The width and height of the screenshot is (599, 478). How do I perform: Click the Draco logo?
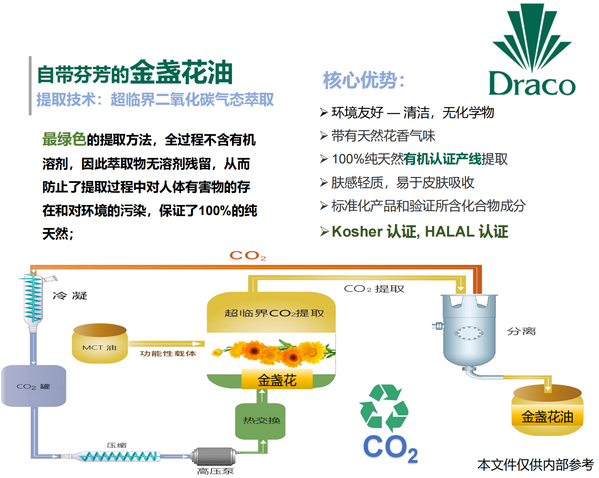click(532, 50)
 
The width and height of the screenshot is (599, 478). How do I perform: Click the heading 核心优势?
click(364, 80)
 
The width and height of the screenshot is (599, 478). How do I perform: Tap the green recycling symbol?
click(384, 406)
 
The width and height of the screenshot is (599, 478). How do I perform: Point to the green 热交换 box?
click(261, 420)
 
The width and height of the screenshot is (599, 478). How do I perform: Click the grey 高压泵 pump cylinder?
click(214, 456)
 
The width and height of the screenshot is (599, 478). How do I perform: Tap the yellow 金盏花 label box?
click(277, 380)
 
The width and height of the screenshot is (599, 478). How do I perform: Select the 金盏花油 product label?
click(547, 417)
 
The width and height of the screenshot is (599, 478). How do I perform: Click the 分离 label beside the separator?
click(521, 331)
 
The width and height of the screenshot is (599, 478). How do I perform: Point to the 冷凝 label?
click(70, 296)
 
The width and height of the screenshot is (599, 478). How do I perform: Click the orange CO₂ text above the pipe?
click(248, 255)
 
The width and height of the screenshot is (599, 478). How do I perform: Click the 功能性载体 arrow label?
click(168, 353)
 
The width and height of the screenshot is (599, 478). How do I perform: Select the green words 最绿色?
click(64, 139)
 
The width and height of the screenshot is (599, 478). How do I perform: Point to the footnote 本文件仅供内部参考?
click(535, 465)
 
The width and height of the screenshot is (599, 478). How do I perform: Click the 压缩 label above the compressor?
click(116, 445)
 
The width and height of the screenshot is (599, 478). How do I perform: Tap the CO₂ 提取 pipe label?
click(374, 289)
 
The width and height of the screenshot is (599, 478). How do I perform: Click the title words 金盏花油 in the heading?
click(181, 72)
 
